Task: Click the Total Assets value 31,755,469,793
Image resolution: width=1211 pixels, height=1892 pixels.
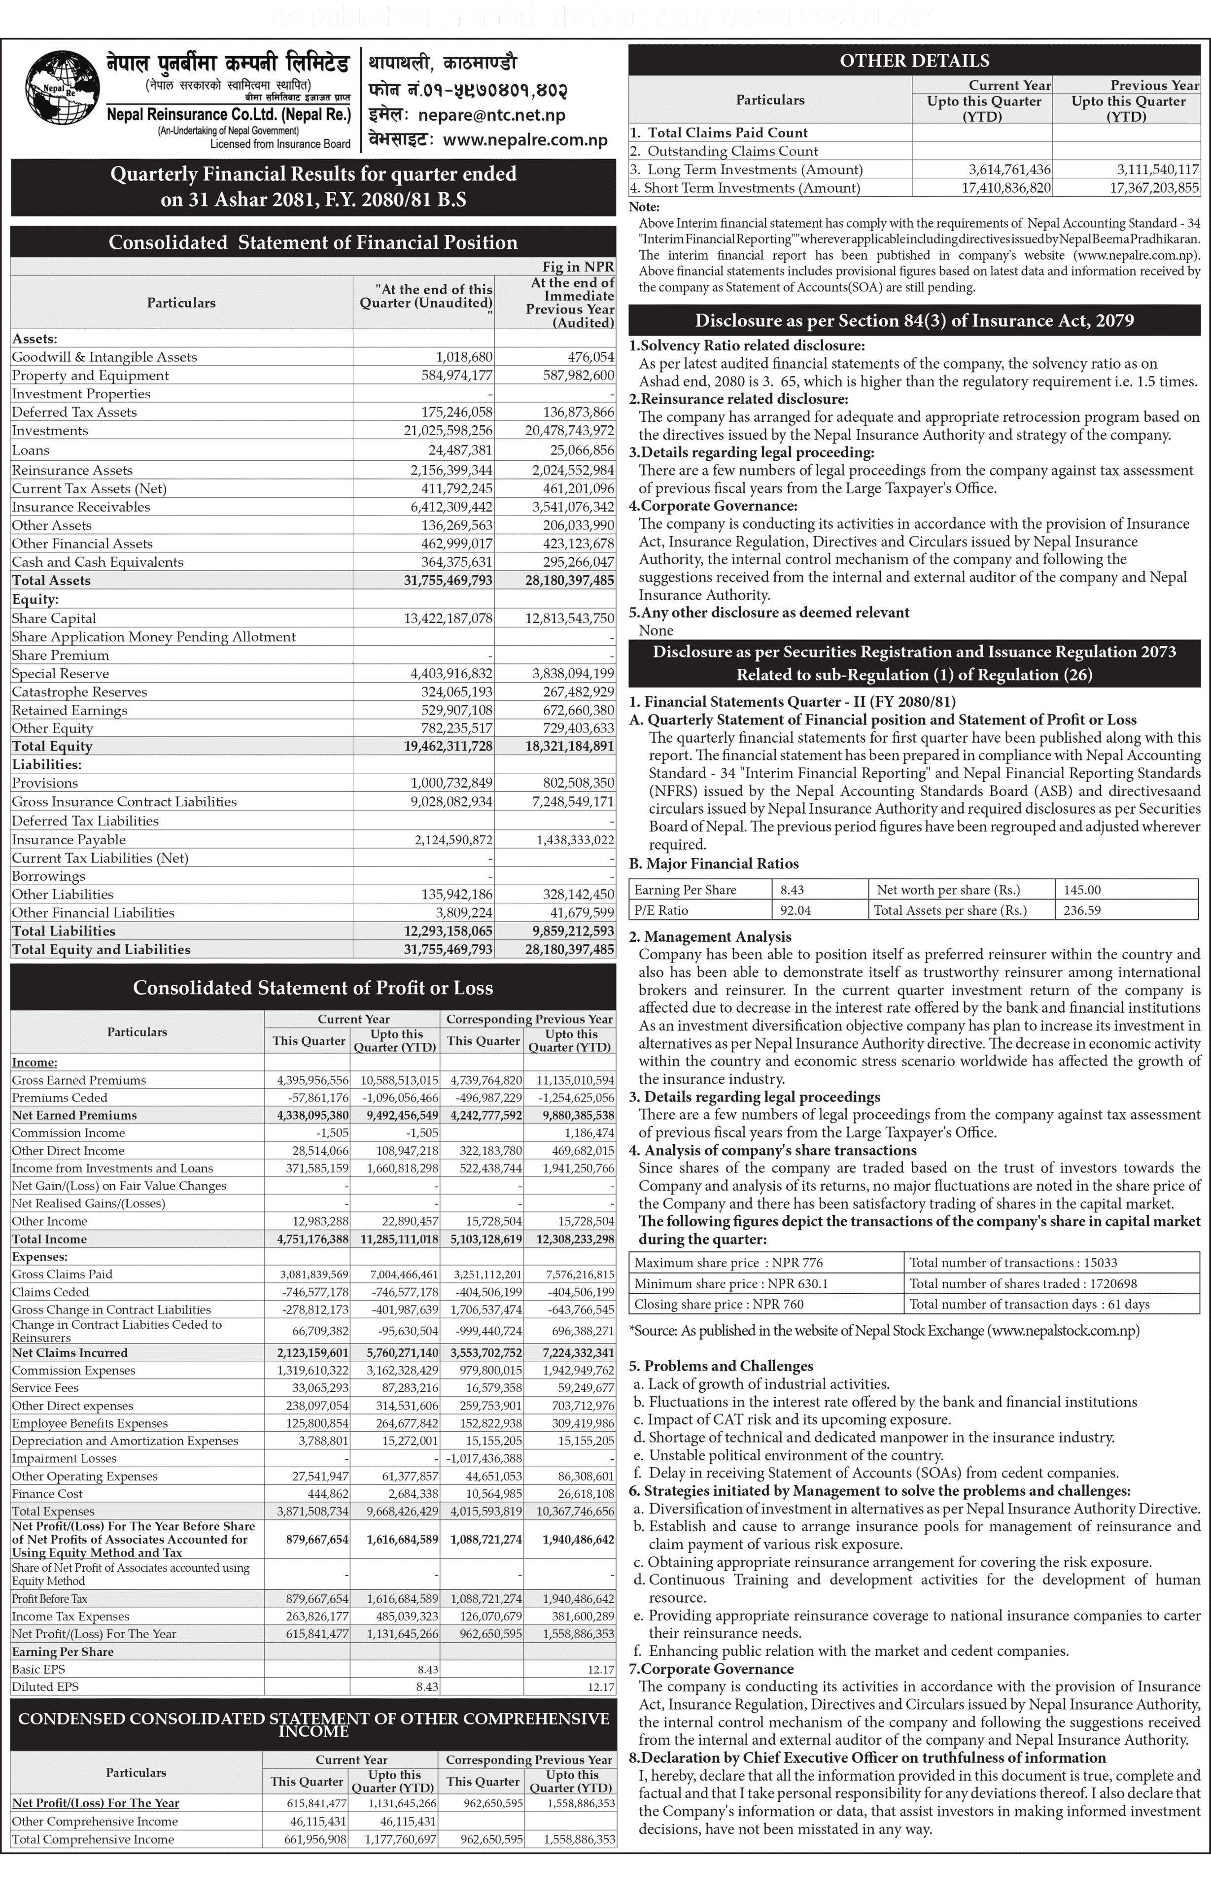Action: pyautogui.click(x=448, y=581)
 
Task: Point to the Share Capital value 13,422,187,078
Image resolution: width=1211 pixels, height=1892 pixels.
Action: pyautogui.click(x=448, y=618)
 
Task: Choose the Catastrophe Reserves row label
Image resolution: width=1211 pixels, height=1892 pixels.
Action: pyautogui.click(x=79, y=692)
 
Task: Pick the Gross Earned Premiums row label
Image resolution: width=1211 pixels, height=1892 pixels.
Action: pyautogui.click(x=79, y=1080)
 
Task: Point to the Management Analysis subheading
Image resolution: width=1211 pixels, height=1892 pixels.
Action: pyautogui.click(x=717, y=936)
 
